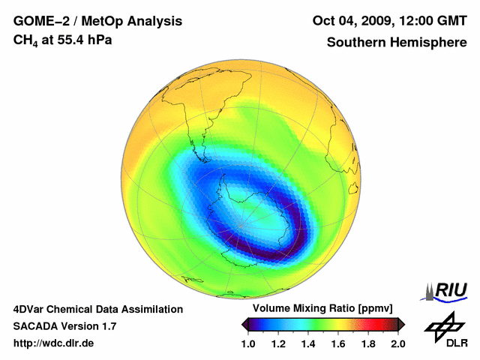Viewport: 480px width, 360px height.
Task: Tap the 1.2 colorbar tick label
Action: pos(277,344)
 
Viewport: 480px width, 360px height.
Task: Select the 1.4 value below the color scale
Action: pos(307,344)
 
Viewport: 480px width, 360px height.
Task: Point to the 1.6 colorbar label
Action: pos(337,344)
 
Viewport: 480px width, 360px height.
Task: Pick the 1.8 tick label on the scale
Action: pos(367,344)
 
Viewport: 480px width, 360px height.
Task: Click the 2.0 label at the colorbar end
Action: pos(397,344)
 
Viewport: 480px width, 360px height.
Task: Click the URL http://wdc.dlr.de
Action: pos(54,343)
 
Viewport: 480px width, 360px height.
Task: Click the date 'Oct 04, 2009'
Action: pos(349,20)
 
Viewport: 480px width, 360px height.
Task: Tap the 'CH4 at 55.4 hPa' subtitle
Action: pos(63,40)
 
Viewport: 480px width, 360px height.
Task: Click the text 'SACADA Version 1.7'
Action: pos(64,326)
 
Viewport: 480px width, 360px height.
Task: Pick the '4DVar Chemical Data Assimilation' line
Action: pos(98,309)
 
